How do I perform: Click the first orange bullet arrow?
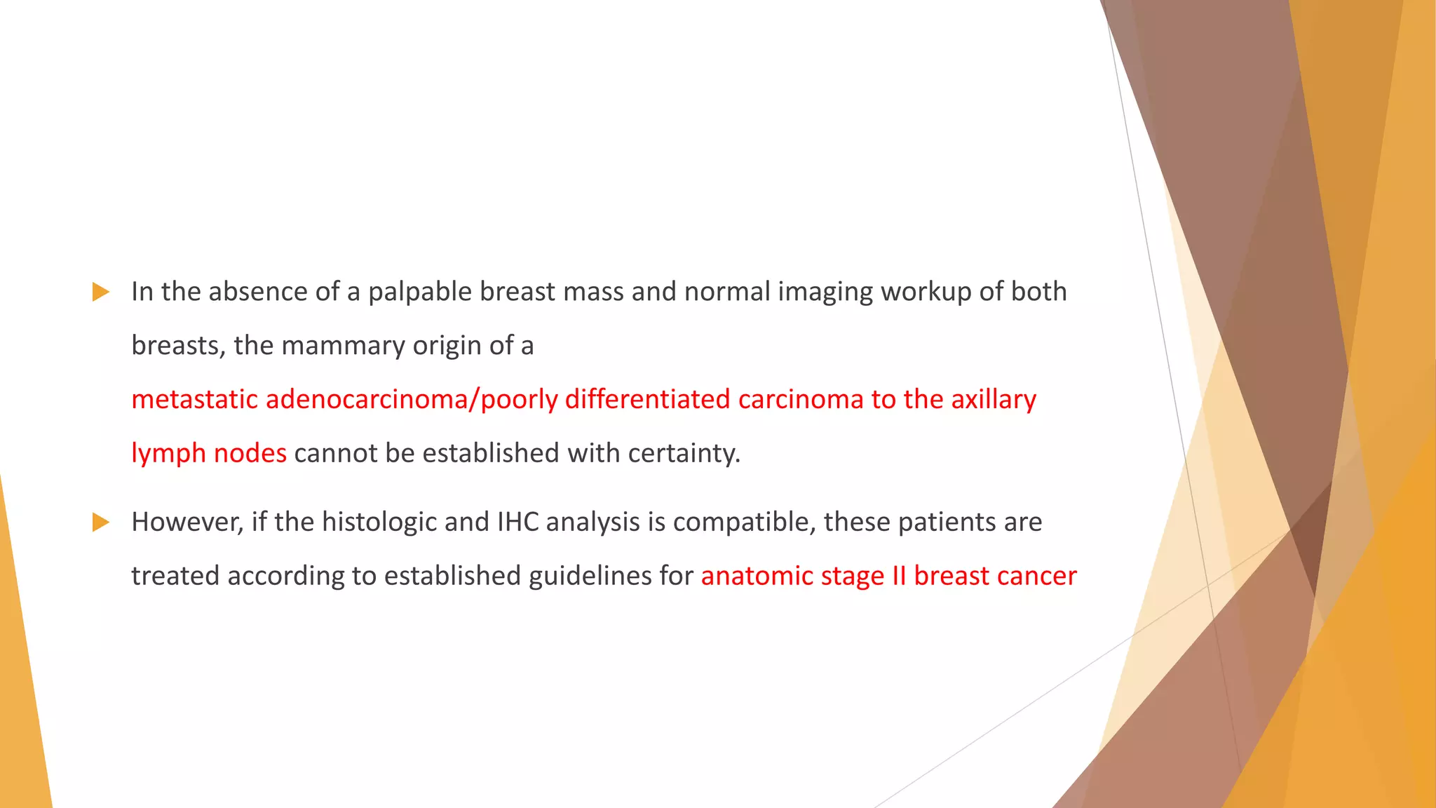tap(101, 292)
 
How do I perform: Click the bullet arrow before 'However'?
tap(101, 523)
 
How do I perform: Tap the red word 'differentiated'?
tap(647, 399)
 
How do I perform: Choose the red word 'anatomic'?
tap(757, 576)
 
